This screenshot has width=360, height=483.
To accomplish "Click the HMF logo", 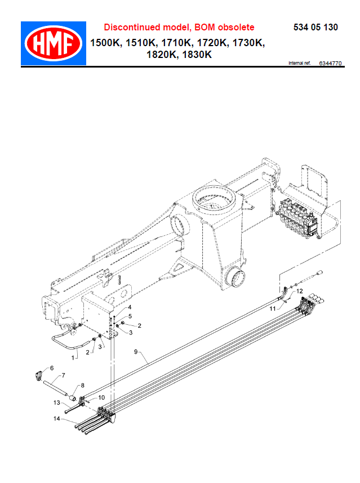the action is click(54, 43).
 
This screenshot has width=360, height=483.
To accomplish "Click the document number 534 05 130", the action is click(315, 28).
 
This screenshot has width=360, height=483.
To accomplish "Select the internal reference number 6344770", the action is click(330, 63).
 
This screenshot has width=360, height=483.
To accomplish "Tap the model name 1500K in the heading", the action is click(105, 43).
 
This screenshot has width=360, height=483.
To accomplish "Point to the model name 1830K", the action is click(197, 55).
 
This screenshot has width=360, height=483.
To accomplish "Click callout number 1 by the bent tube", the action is click(73, 358).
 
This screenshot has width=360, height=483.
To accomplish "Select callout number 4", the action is click(130, 307).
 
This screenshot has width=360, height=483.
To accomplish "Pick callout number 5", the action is click(130, 316).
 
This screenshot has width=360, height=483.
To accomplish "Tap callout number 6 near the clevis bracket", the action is click(52, 368).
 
